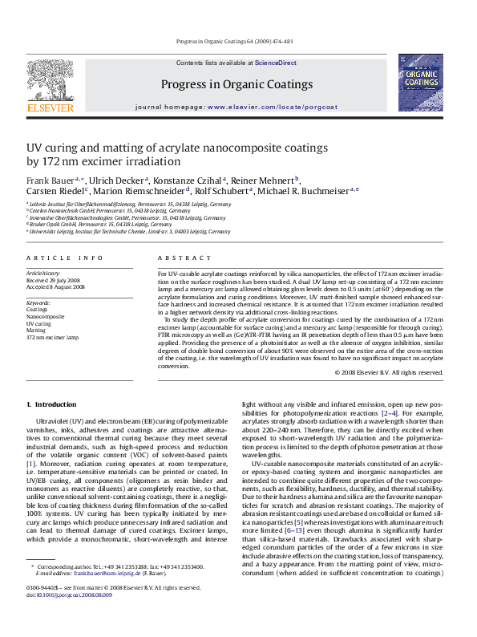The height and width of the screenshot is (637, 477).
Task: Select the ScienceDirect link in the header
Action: pos(276,63)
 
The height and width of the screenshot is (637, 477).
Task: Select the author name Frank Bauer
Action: pos(51,181)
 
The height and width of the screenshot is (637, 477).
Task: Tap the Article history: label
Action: pos(43,274)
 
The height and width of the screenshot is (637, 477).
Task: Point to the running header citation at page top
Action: pos(238,40)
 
